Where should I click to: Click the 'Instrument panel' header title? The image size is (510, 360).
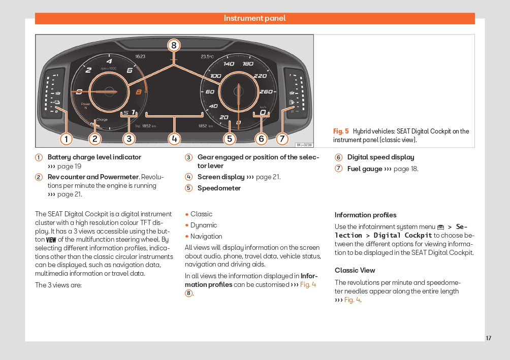(254, 18)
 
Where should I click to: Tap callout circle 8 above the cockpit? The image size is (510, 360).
(174, 46)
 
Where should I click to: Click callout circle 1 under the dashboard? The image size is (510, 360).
(66, 139)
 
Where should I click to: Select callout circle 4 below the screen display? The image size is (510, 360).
(174, 139)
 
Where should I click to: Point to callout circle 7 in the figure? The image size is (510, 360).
(282, 139)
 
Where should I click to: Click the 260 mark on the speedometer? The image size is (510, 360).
(266, 92)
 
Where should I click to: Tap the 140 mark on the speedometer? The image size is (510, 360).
(229, 64)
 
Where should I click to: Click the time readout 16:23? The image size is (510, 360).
(140, 56)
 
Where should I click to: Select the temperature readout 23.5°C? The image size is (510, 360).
(208, 57)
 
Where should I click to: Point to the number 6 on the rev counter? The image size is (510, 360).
(130, 71)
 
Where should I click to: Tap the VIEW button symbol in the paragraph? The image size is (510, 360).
(51, 240)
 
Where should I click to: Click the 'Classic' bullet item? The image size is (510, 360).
(201, 214)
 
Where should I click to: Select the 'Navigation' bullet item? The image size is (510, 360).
(206, 237)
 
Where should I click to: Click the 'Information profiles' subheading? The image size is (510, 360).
(365, 215)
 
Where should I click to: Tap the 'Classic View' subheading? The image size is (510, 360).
(355, 271)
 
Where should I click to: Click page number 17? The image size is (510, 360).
(488, 338)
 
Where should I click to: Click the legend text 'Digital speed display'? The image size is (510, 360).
(380, 157)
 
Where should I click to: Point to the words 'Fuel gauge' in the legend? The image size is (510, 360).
(365, 169)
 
